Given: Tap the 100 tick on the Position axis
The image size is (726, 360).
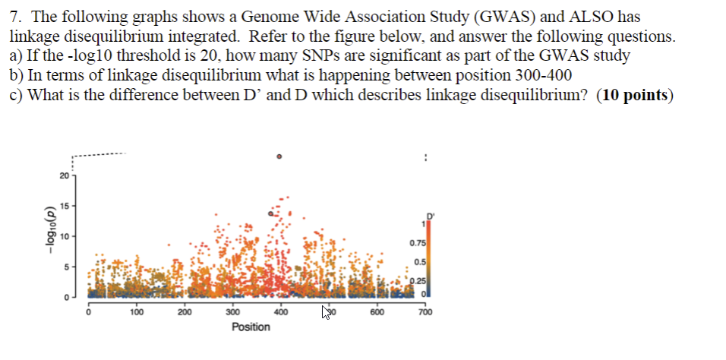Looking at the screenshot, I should pos(136,311).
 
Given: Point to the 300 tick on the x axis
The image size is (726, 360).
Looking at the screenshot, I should pos(232,311).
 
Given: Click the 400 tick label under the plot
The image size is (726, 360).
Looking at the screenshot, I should pos(280,311).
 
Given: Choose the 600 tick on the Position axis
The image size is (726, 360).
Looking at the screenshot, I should pos(377,311).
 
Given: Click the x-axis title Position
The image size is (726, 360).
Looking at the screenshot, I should pos(251,327).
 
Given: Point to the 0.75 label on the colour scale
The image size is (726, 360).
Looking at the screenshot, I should pos(417,244).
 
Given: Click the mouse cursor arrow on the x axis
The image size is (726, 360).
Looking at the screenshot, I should pos(327,311).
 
